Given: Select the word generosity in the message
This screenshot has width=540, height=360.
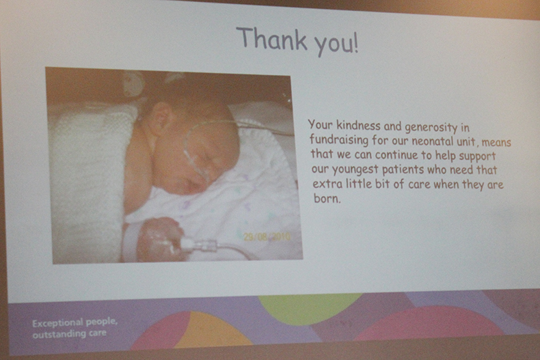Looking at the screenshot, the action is click(x=431, y=128).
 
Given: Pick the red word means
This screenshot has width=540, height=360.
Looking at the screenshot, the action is click(x=496, y=142).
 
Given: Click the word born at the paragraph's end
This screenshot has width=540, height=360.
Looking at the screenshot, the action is click(x=327, y=198).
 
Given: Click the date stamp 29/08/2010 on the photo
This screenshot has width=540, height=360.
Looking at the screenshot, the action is click(x=267, y=237).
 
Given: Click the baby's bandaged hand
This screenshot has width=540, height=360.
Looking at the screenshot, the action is click(x=159, y=238).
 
